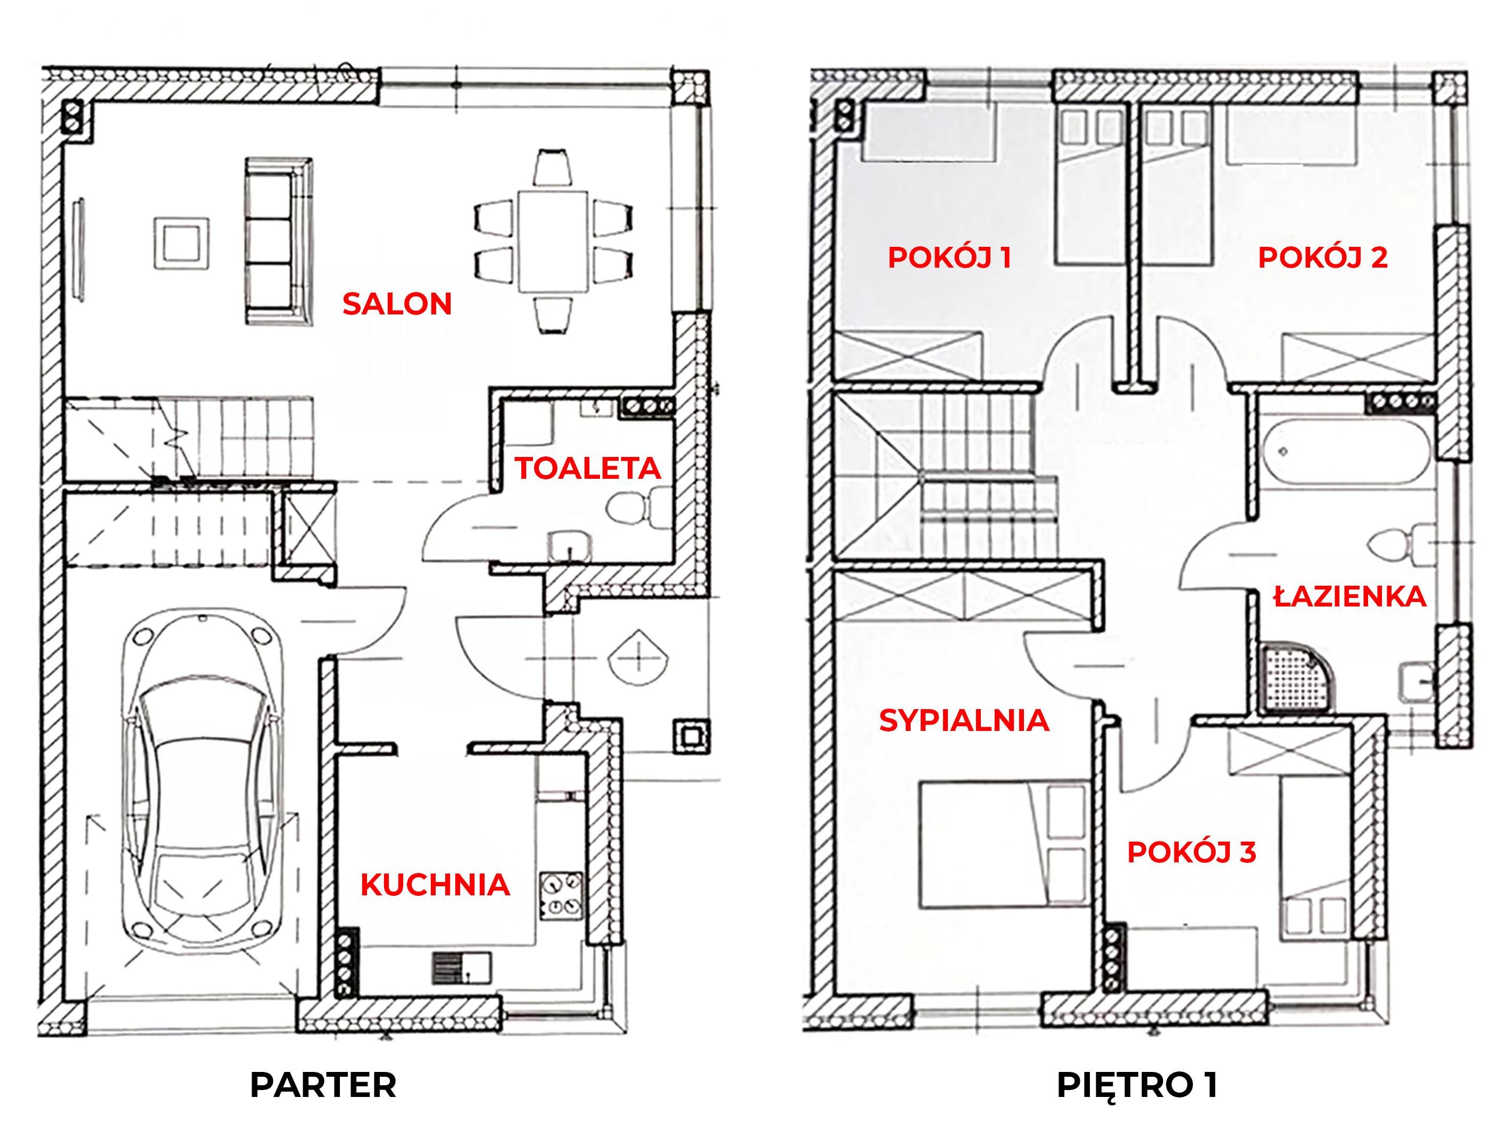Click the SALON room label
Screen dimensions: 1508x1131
point(397,304)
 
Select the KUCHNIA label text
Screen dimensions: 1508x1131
point(435,885)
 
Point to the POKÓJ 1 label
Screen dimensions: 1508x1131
point(949,257)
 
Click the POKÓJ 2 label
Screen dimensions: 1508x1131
point(1322,257)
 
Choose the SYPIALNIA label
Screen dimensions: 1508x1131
point(964,721)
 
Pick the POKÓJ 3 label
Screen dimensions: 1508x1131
point(1192,852)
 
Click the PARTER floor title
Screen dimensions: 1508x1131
point(323,1085)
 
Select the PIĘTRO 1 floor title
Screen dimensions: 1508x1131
point(1137,1085)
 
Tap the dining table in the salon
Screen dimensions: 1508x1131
point(553,242)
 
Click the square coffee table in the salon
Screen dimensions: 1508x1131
point(181,243)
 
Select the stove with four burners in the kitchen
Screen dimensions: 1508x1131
point(561,896)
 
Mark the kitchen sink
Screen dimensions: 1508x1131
point(462,967)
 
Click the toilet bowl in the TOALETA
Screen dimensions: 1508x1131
point(631,509)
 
